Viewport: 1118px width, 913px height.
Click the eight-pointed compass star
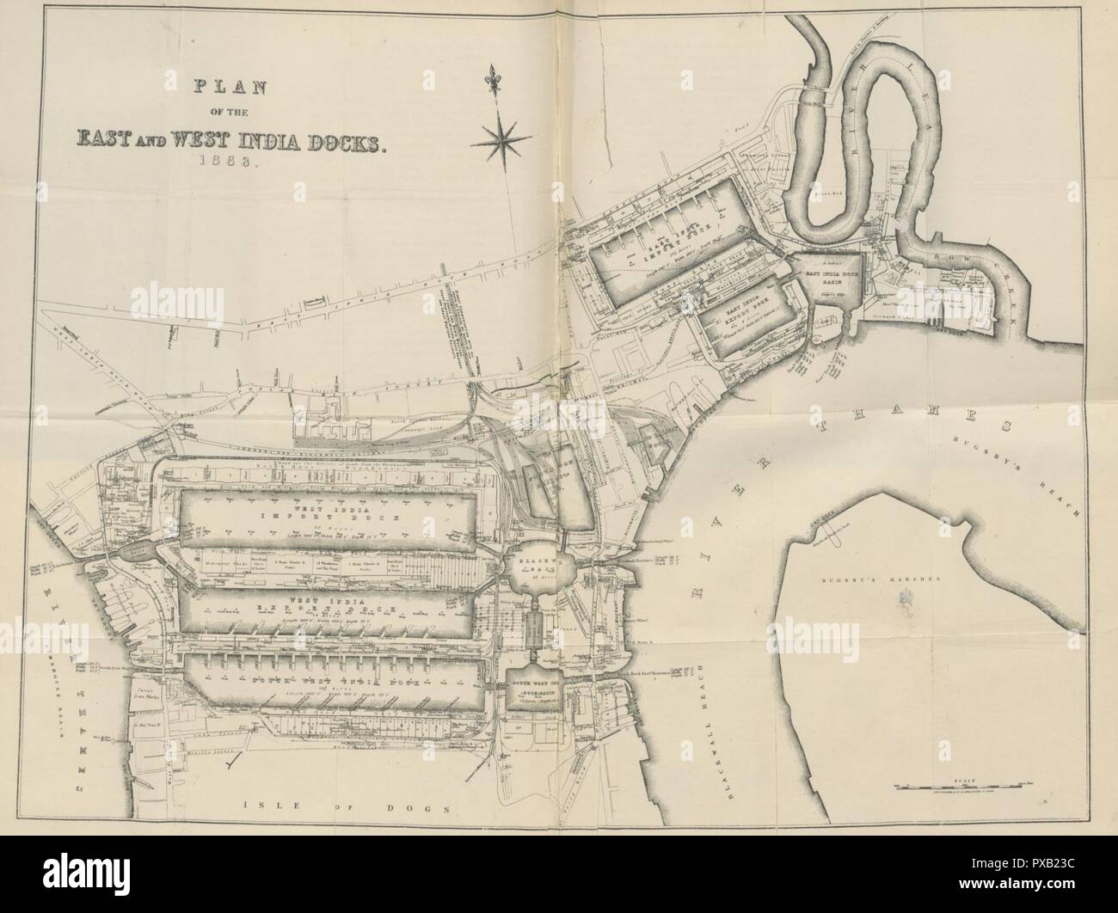point(505,137)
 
